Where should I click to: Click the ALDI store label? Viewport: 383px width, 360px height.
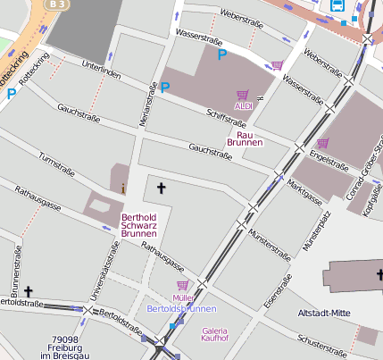243,106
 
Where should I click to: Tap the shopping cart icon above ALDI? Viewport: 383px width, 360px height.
242,94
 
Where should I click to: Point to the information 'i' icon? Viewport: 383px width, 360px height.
123,188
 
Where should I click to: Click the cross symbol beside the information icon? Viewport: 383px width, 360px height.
162,188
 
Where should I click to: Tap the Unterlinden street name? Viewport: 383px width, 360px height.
100,70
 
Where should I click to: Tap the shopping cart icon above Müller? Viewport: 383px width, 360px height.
182,285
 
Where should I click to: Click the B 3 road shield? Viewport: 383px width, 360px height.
57,4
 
